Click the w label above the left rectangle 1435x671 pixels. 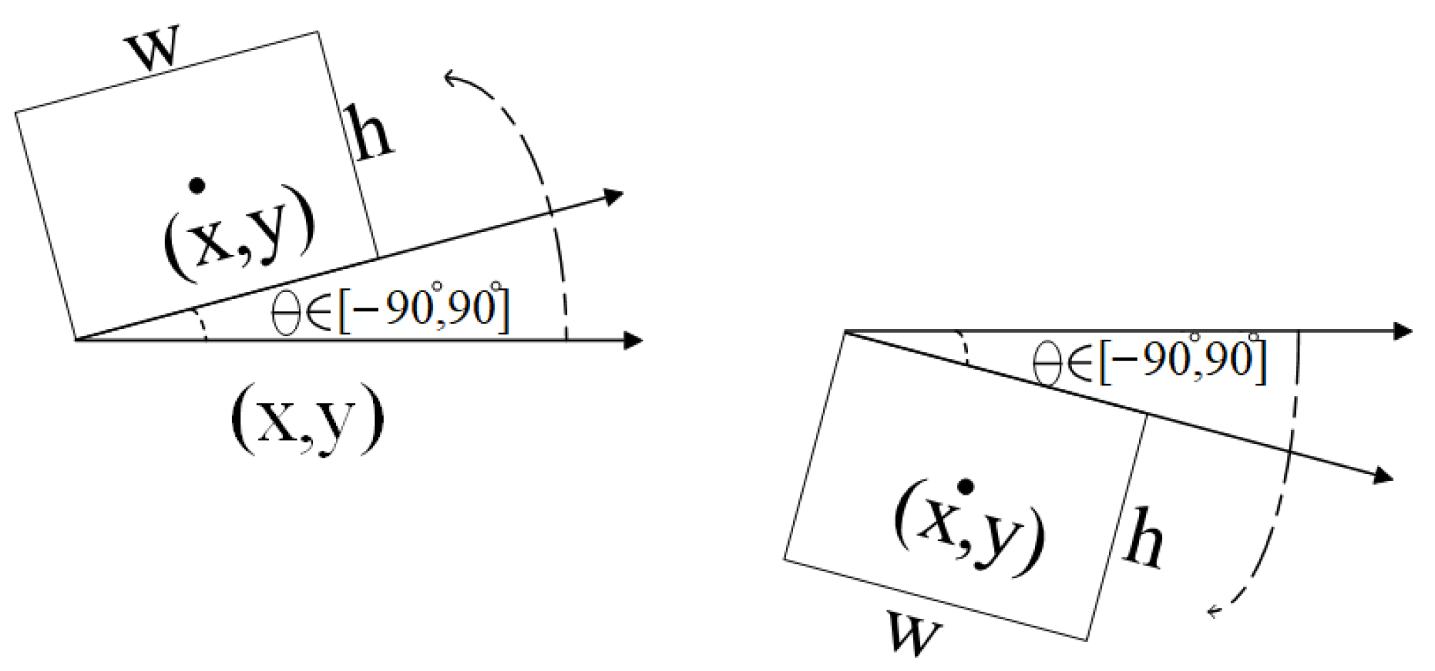152,49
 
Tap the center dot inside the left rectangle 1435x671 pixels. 195,186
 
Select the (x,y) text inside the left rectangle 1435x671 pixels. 239,233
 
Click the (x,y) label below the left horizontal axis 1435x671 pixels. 307,419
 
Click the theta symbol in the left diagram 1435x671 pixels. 286,313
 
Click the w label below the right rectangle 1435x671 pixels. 914,633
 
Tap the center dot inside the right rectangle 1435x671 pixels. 966,487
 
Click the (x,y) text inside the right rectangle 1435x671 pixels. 970,529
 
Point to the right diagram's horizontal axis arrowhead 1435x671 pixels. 1403,331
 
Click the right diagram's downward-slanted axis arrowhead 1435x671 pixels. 1384,476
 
